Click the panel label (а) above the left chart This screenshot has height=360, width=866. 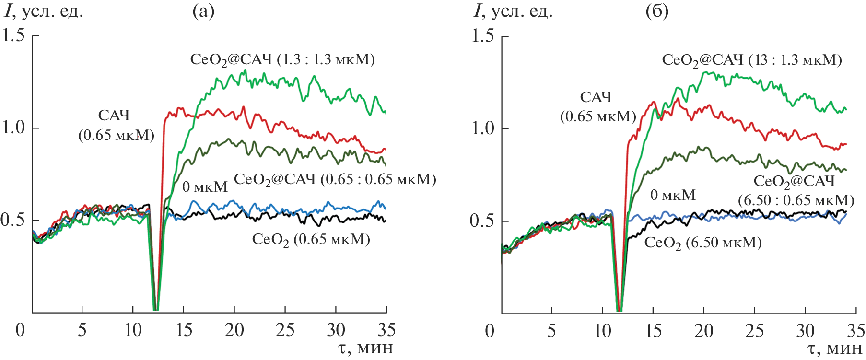click(203, 11)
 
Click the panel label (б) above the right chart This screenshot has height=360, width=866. click(656, 11)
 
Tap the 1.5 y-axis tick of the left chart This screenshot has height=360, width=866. click(13, 35)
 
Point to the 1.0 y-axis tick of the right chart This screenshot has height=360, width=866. click(483, 128)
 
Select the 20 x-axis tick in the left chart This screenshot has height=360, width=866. click(234, 330)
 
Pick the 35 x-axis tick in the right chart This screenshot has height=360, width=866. click(855, 331)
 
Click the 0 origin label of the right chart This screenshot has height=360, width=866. click(489, 331)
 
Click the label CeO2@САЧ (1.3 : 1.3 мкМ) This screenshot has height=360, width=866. click(282, 60)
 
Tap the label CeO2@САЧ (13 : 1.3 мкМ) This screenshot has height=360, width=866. click(751, 60)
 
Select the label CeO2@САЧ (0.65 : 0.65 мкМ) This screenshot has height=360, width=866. click(335, 180)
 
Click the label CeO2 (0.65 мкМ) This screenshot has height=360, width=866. click(311, 239)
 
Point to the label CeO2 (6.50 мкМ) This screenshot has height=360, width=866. click(702, 243)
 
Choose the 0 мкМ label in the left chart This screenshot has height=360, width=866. click(205, 187)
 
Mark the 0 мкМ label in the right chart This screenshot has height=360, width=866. click(673, 195)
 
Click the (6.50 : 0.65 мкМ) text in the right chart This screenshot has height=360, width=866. click(796, 200)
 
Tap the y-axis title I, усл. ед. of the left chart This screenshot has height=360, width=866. click(44, 11)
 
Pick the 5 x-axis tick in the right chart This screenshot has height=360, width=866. click(551, 331)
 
